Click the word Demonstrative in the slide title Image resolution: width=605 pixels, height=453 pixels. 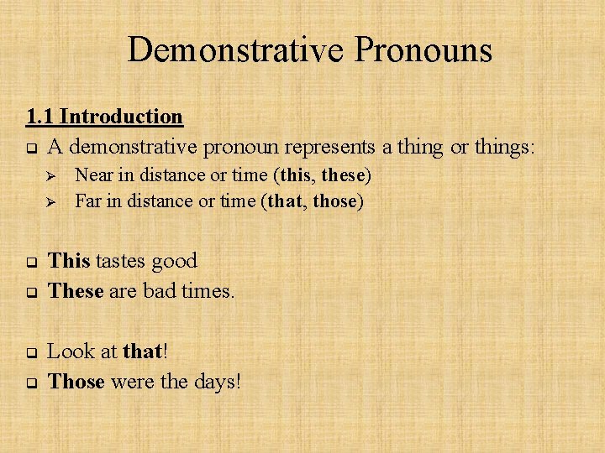point(235,50)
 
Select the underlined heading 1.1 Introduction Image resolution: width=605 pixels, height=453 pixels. point(104,116)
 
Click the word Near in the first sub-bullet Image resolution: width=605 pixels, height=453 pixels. point(93,175)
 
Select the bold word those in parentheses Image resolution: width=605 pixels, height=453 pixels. point(334,201)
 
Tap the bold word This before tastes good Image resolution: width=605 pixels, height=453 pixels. point(69,261)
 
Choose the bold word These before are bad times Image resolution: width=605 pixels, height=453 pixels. point(76,291)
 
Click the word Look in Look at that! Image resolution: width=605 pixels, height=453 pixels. point(70,351)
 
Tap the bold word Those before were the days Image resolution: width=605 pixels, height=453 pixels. point(76,382)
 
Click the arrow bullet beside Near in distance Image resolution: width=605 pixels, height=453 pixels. point(49,176)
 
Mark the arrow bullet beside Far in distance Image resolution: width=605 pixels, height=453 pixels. point(49,202)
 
